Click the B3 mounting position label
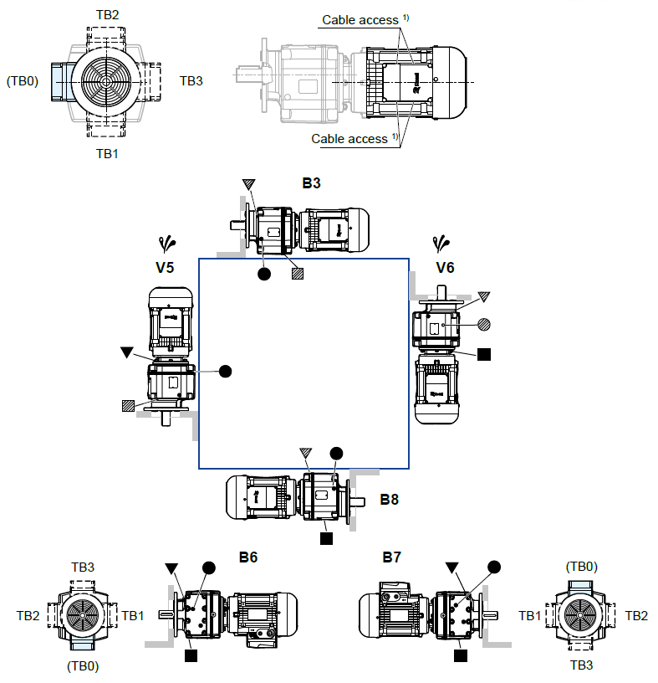(x=311, y=182)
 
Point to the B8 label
(x=389, y=500)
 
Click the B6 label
(x=247, y=557)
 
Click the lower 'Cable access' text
(x=349, y=138)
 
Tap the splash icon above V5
(x=168, y=244)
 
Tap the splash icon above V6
(x=441, y=244)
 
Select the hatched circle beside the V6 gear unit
(x=484, y=323)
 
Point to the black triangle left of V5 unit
(x=126, y=353)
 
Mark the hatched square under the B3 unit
(x=297, y=273)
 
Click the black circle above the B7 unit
(x=494, y=567)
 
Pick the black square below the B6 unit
(x=191, y=655)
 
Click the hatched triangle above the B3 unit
(x=248, y=184)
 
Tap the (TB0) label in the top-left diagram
(x=23, y=81)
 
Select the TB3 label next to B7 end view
(x=582, y=665)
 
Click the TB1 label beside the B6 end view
(x=133, y=615)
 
